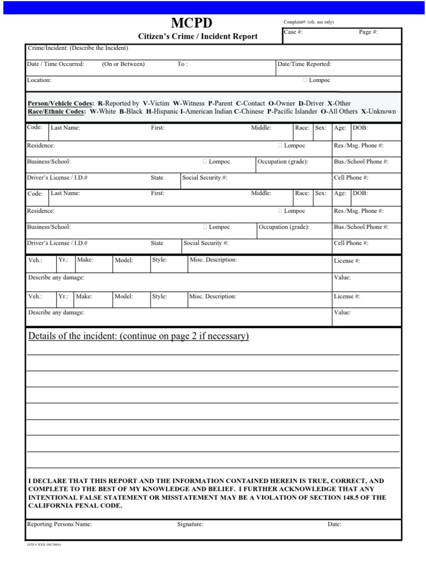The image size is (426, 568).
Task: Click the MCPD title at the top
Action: (x=191, y=23)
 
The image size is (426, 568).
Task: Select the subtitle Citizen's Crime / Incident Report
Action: (x=197, y=37)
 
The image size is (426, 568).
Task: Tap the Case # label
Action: (x=293, y=32)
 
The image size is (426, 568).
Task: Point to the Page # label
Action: (x=368, y=32)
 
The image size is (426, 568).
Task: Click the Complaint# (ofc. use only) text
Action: (x=308, y=22)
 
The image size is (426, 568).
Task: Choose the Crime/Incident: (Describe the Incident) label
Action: (x=78, y=48)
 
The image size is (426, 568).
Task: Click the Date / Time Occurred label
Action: (x=55, y=64)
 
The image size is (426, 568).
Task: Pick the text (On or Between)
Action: (x=123, y=64)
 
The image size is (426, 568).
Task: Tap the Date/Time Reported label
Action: (x=304, y=64)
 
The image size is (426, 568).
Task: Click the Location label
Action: (x=39, y=80)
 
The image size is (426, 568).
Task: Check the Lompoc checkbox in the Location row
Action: (x=306, y=80)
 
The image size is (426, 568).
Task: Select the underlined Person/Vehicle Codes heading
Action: (x=60, y=103)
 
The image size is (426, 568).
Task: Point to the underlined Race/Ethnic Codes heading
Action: (x=56, y=111)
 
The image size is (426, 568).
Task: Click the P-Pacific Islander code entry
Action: (x=292, y=111)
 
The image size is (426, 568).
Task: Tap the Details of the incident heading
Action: (x=138, y=336)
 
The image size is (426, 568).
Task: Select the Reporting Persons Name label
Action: (x=59, y=524)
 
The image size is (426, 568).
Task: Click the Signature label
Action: (x=190, y=524)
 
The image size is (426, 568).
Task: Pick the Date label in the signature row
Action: (x=334, y=524)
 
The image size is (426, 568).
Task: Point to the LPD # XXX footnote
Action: (x=44, y=545)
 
